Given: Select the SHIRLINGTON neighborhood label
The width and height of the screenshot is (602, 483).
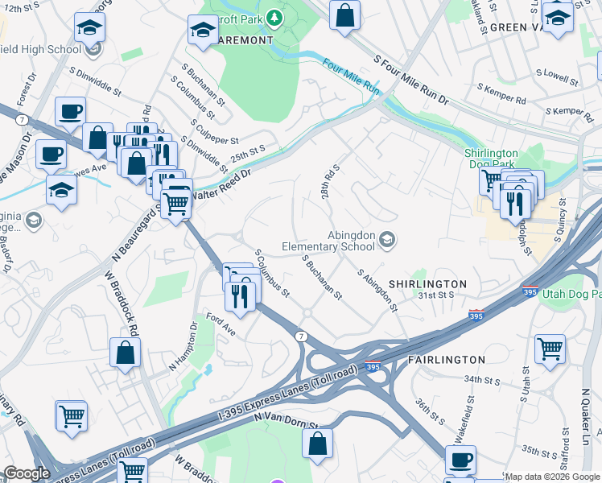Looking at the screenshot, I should click(x=427, y=284).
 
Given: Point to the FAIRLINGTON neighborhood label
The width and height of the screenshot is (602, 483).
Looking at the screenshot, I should click(x=446, y=359).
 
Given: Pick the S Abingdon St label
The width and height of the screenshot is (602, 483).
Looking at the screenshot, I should click(x=377, y=291).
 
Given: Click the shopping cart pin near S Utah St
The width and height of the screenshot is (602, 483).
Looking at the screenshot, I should click(x=550, y=350).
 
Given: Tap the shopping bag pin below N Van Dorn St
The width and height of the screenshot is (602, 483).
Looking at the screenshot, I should click(x=318, y=443).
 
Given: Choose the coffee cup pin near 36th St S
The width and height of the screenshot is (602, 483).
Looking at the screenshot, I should click(x=460, y=460).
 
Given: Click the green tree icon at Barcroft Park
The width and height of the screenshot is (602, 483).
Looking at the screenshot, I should click(x=274, y=17).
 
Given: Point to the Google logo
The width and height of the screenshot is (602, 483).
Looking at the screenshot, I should click(x=27, y=473).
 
